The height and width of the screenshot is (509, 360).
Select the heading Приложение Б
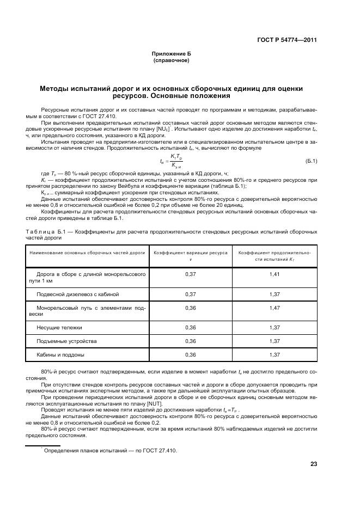[x=172, y=54]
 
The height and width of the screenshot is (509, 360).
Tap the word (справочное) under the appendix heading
[x=172, y=60]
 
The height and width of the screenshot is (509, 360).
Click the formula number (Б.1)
[x=310, y=161]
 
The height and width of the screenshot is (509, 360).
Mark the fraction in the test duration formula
[x=176, y=161]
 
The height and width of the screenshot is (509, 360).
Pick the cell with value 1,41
[x=274, y=274]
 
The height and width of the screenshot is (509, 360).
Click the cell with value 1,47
[x=274, y=308]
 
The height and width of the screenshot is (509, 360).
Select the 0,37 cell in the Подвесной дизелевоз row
[x=191, y=294]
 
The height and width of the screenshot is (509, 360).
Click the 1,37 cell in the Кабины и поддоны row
[x=274, y=354]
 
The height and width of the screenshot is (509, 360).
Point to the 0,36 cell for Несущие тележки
[x=191, y=328]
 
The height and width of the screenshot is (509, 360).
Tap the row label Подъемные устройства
[x=66, y=341]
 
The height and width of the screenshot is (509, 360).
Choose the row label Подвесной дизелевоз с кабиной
[x=77, y=294]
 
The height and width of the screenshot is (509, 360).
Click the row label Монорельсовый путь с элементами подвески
[x=87, y=311]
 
